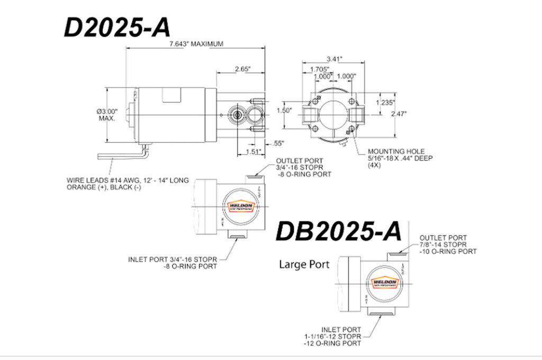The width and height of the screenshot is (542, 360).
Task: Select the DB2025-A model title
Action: pyautogui.click(x=339, y=231)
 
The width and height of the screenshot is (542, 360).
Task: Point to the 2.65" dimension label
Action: pyautogui.click(x=241, y=69)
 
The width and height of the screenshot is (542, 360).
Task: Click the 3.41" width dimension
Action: pyautogui.click(x=335, y=58)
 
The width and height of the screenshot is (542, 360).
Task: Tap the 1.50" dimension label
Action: pyautogui.click(x=284, y=111)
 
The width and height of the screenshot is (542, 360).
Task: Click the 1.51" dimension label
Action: pyautogui.click(x=255, y=152)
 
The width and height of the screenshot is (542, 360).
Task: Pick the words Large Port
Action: pyautogui.click(x=304, y=264)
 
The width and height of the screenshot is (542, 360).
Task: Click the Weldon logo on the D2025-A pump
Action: pyautogui.click(x=240, y=206)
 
